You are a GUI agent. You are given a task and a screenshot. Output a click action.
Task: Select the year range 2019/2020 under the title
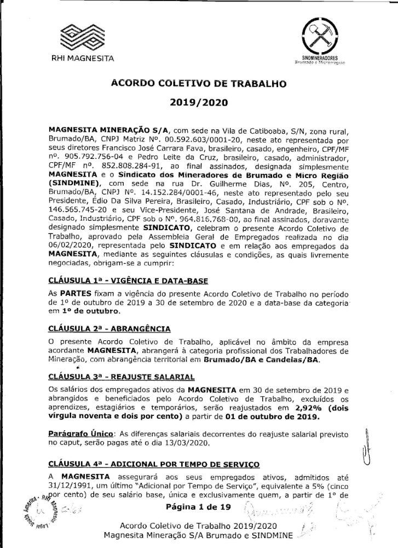(x=199, y=101)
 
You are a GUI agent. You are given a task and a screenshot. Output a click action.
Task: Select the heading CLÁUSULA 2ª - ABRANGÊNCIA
(x=109, y=328)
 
